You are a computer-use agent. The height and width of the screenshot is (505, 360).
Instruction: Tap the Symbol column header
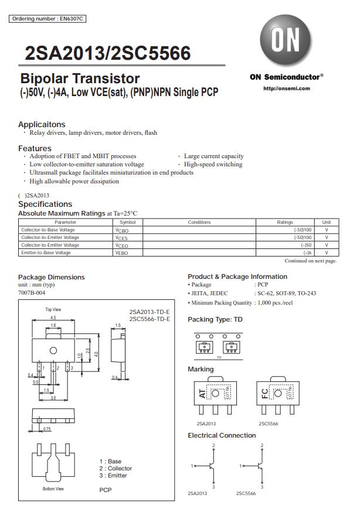(x=127, y=223)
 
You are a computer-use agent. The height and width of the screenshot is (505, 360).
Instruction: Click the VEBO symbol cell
(x=121, y=252)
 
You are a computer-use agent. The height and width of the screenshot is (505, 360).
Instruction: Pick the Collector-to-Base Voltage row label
(x=48, y=230)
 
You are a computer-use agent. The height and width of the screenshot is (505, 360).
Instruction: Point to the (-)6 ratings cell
(x=307, y=252)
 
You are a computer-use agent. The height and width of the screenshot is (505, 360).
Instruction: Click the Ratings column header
(x=284, y=223)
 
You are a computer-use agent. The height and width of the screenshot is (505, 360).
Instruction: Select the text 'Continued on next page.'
(x=310, y=261)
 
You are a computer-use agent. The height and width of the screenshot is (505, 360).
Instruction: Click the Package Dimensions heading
(x=52, y=277)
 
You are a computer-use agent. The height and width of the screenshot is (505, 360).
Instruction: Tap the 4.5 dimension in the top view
(x=53, y=318)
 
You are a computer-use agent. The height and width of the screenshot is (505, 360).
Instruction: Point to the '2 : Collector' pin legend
(x=116, y=468)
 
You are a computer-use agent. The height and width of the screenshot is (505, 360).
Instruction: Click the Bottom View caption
(x=53, y=488)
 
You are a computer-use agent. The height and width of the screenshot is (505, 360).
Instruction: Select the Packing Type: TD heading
(x=215, y=320)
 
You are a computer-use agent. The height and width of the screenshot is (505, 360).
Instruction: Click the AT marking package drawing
(x=215, y=395)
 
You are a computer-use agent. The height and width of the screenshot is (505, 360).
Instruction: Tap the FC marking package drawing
(x=277, y=395)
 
